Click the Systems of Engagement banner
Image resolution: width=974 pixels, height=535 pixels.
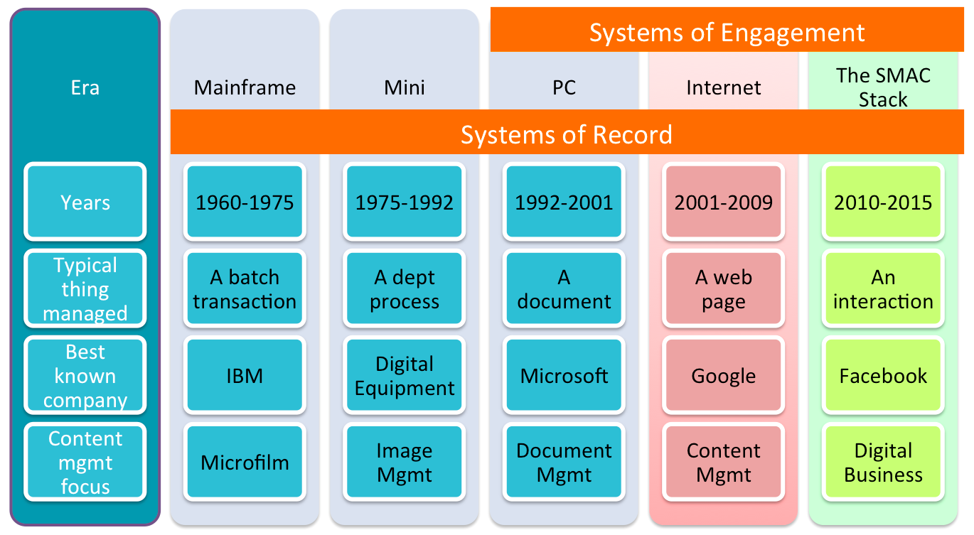click(x=727, y=30)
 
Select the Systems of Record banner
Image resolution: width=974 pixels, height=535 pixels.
click(x=567, y=132)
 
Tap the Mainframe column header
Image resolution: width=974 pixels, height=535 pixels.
click(x=245, y=87)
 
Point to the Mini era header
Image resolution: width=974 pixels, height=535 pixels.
click(x=405, y=87)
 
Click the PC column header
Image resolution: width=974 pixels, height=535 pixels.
click(x=564, y=87)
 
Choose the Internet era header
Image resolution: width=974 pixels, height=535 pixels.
click(x=724, y=87)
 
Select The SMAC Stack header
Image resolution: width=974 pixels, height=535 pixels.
click(x=883, y=87)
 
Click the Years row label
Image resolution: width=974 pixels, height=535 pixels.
click(x=85, y=202)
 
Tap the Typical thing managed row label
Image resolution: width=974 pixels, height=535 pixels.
click(x=85, y=288)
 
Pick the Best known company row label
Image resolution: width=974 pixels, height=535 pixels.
click(x=85, y=376)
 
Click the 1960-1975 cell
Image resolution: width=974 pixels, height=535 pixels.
click(x=245, y=202)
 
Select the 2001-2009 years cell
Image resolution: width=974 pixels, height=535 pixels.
click(x=724, y=202)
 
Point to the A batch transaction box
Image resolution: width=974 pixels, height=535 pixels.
click(x=245, y=288)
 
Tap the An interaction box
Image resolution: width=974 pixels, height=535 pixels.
click(x=883, y=288)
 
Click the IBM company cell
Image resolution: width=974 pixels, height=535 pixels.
click(x=245, y=376)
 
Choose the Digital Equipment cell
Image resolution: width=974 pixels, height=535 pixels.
click(x=405, y=376)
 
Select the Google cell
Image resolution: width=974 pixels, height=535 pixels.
click(x=724, y=376)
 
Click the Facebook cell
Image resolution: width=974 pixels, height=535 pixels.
click(x=883, y=376)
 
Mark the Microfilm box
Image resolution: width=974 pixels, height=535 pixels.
click(x=245, y=462)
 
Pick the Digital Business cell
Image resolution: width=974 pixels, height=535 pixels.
click(x=883, y=462)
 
